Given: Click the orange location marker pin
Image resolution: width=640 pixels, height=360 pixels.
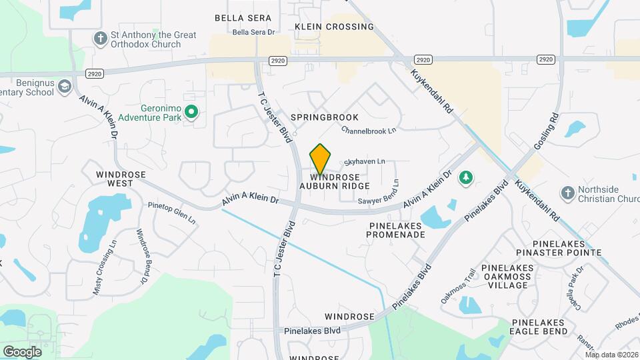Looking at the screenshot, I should coord(321,159).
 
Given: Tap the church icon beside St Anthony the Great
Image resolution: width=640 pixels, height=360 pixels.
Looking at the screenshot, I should coord(101,37).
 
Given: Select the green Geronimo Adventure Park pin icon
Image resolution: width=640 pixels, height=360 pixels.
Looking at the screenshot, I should coord(191,112).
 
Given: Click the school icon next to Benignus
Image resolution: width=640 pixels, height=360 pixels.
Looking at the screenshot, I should coord(64,87).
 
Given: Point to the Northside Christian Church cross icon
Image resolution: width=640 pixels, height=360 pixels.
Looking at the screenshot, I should coord(567,192).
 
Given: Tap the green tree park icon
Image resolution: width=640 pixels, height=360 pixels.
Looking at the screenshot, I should coord(467,177).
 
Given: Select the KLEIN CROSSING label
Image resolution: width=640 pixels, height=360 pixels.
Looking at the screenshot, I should coord(334,27).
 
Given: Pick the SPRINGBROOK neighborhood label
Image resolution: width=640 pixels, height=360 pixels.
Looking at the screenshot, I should coord(324,117).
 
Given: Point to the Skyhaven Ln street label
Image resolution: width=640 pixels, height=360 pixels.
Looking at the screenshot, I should coord(365,161).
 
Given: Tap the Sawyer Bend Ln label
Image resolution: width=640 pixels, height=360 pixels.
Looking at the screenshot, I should coord(396,192).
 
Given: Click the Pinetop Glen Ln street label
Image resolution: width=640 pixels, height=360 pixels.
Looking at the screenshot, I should coord(172,213).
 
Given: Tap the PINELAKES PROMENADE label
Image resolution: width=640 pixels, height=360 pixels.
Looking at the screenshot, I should coord(397,230).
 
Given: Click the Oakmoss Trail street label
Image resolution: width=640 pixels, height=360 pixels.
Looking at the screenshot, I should coord(459,286).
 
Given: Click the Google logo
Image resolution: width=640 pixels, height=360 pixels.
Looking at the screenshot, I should coord(22,351).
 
